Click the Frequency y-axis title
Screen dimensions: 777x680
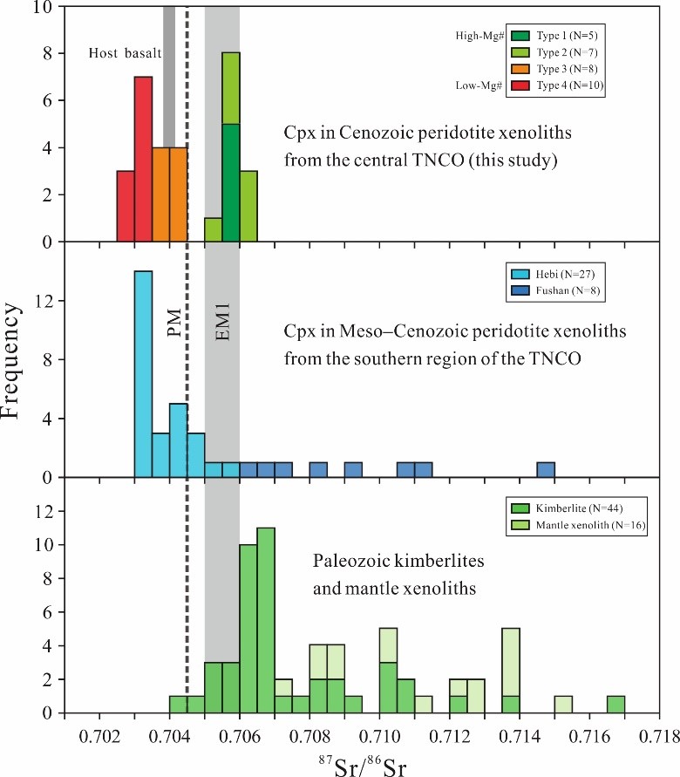coord(24,366)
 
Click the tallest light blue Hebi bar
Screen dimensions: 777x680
coord(144,374)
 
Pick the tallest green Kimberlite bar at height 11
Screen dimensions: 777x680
coord(266,620)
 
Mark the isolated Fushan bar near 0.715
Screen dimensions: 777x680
coord(546,470)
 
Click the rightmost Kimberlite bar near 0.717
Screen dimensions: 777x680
coord(615,705)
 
